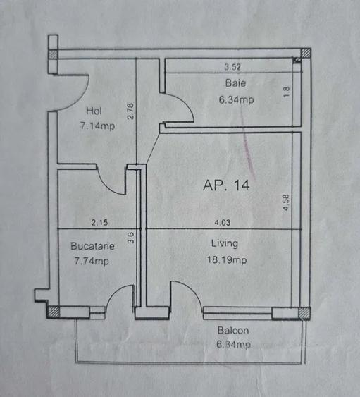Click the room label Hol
click(x=94, y=111)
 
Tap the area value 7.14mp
click(x=97, y=126)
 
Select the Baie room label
click(x=235, y=83)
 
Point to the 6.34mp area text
click(x=236, y=99)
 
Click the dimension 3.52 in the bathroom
click(x=232, y=67)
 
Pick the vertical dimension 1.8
click(x=287, y=92)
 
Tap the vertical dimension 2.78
click(x=130, y=111)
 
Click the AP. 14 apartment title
click(x=226, y=185)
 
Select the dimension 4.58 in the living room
click(x=286, y=202)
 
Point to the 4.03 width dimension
click(x=223, y=223)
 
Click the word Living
click(x=225, y=243)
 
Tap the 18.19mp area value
click(x=227, y=260)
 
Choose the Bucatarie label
click(x=92, y=246)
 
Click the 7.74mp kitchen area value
click(x=92, y=261)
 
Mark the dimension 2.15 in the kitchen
click(x=99, y=223)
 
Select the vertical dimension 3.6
click(x=130, y=238)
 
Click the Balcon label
click(x=233, y=331)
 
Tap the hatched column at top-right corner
click(x=306, y=53)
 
